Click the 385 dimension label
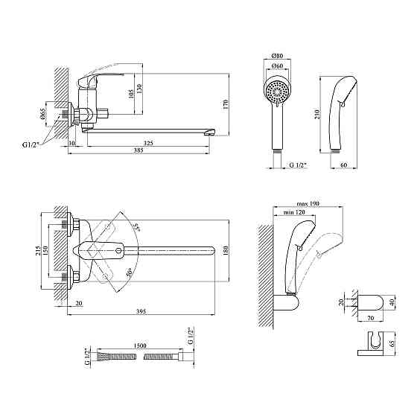tap(139, 150)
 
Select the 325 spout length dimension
tap(148, 143)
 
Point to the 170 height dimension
tap(226, 104)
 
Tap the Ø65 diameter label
tap(42, 114)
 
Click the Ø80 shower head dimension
tap(277, 56)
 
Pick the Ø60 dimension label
tap(277, 66)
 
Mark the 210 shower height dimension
tap(317, 114)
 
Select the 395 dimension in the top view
tap(141, 311)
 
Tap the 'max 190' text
tap(308, 204)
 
